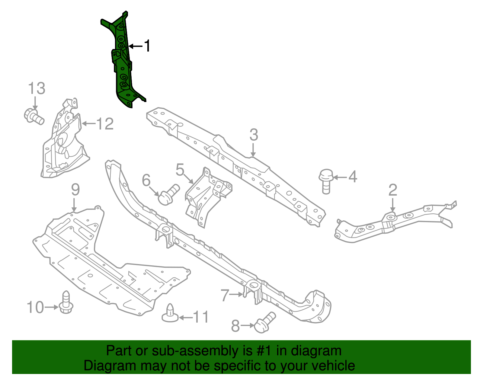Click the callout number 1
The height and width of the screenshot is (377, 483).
pyautogui.click(x=147, y=46)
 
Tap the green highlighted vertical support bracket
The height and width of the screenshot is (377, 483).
pyautogui.click(x=123, y=60)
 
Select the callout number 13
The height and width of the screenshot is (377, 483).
pyautogui.click(x=37, y=88)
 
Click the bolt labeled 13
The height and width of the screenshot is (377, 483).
pyautogui.click(x=34, y=117)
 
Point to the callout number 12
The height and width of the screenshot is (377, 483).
pyautogui.click(x=105, y=124)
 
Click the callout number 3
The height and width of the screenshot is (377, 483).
pyautogui.click(x=254, y=135)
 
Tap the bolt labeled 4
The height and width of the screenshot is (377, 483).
pyautogui.click(x=326, y=181)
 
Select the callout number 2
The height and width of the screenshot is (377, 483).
pyautogui.click(x=392, y=190)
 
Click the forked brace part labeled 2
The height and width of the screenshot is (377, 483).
pyautogui.click(x=392, y=223)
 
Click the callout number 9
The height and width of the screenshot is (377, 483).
pyautogui.click(x=75, y=190)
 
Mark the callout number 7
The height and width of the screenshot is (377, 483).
pyautogui.click(x=225, y=295)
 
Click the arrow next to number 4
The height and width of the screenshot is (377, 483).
pyautogui.click(x=340, y=177)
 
